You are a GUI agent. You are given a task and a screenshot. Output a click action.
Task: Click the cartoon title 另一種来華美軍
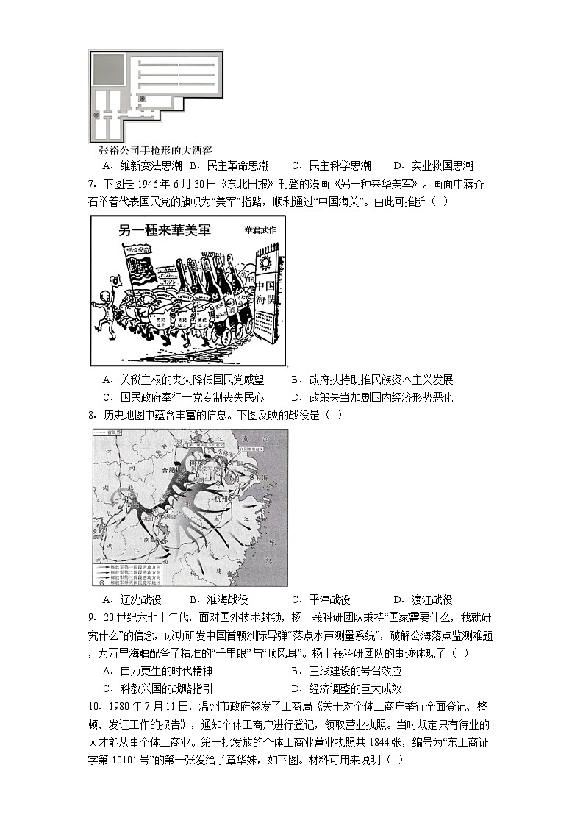165,230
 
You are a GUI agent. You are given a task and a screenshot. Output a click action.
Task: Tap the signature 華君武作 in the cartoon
262,230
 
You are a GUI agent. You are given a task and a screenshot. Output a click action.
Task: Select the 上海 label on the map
261,476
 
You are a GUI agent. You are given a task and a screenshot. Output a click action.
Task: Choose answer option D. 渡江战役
423,599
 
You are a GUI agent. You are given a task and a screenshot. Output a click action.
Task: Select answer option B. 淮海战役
218,599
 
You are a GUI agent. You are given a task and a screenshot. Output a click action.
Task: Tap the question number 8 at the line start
91,415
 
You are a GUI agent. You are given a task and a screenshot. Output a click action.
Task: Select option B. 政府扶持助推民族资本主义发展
372,380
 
